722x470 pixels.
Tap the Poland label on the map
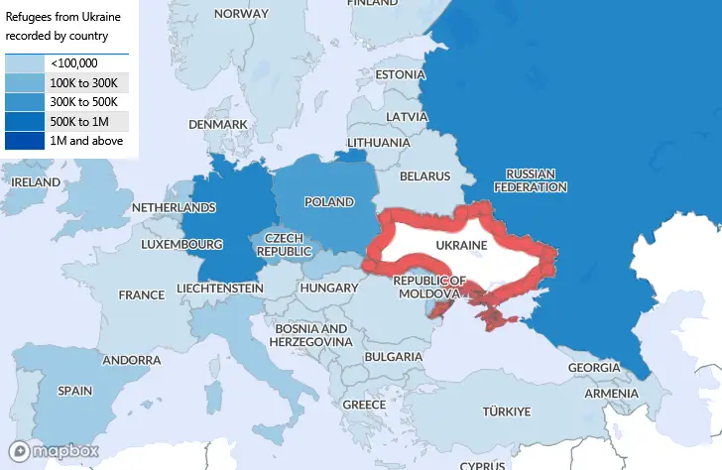328,201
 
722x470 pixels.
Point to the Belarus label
424,176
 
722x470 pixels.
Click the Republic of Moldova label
428,287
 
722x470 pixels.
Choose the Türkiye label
507,411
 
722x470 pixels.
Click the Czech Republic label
285,245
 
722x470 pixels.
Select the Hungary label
327,288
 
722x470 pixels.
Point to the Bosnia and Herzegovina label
311,334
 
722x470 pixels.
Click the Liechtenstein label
219,288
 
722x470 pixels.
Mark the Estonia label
400,74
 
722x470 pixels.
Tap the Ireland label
36,182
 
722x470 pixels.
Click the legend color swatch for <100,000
25,63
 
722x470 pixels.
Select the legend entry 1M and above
86,141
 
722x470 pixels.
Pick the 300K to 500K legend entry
83,102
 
